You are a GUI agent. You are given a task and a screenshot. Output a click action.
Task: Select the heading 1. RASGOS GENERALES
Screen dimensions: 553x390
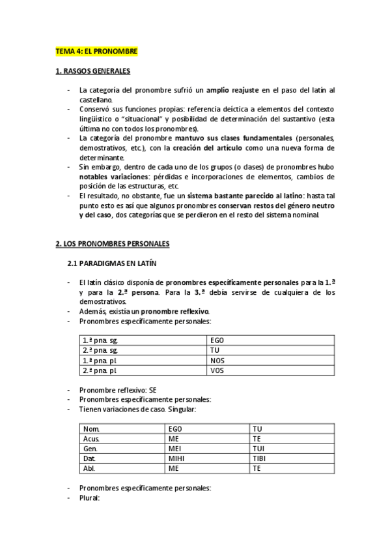click(92, 70)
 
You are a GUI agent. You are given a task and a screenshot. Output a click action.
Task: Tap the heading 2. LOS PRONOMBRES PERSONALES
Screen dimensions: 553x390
click(112, 243)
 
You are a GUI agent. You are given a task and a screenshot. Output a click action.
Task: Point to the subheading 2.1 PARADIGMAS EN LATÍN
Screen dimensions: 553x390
click(111, 263)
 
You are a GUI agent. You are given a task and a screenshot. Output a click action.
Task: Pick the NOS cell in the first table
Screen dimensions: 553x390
click(217, 360)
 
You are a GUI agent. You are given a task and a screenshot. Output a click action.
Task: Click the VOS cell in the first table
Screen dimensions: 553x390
click(217, 370)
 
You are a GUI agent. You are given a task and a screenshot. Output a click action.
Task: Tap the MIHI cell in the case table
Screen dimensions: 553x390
click(177, 458)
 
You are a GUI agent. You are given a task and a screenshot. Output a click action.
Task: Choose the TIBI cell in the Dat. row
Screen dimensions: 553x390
click(259, 458)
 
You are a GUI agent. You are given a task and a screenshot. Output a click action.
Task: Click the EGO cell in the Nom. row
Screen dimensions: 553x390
click(176, 429)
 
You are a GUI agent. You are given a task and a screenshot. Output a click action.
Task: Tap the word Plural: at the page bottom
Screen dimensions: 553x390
click(89, 497)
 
